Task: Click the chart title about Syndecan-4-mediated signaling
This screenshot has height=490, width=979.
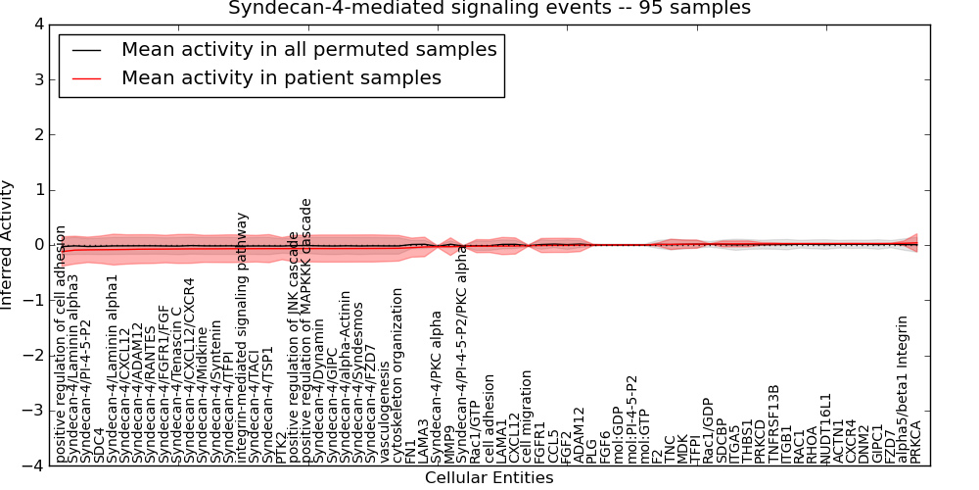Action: (489, 9)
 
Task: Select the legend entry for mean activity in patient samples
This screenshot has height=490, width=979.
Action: (281, 77)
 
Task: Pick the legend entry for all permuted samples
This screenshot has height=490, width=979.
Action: (308, 49)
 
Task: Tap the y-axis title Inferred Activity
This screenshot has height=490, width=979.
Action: (8, 245)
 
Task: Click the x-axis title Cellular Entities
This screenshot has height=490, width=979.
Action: (489, 478)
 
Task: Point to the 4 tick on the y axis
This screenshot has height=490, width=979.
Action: (37, 24)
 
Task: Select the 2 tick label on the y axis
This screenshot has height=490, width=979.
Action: (37, 134)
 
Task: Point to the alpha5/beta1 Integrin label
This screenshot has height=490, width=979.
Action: (903, 389)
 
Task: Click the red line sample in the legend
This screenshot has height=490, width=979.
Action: (85, 78)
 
